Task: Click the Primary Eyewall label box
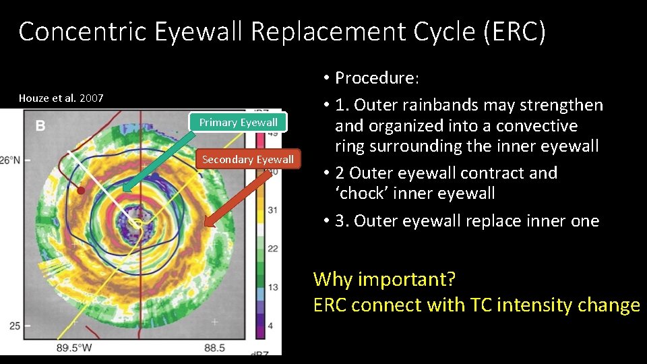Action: click(x=238, y=122)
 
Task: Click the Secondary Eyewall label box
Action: click(x=247, y=160)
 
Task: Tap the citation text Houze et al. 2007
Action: click(x=61, y=98)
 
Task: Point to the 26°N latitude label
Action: click(x=9, y=161)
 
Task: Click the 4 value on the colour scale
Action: click(x=272, y=326)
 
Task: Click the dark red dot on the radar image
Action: click(x=82, y=191)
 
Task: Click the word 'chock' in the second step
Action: click(x=363, y=193)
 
